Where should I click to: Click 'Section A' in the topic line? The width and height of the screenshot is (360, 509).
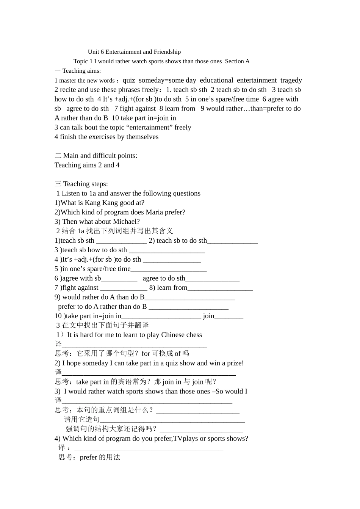point(237,61)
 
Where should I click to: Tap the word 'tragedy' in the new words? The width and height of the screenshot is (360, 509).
point(291,80)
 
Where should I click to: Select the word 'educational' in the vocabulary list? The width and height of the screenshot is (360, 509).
point(216,80)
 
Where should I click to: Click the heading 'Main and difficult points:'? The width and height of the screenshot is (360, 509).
point(100,156)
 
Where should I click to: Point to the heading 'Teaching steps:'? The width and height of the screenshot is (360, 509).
point(85,184)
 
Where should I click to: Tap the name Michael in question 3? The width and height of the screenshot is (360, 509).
point(127,222)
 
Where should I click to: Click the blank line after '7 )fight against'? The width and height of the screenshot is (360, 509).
point(124,288)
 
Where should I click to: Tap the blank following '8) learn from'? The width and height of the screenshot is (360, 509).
point(220,288)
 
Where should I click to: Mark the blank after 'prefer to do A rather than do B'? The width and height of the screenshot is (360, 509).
point(189,307)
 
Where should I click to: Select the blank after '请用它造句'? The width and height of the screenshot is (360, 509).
point(172,420)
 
